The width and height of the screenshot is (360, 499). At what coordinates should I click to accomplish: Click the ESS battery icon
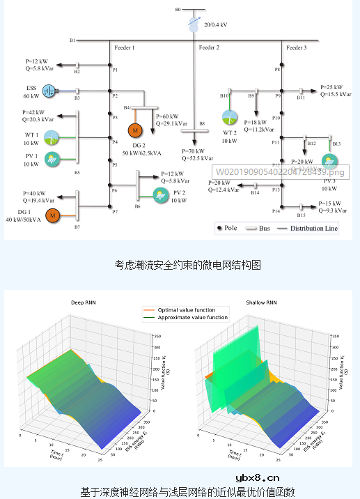click(49, 91)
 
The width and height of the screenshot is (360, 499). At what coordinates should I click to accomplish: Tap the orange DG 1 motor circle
click(52, 216)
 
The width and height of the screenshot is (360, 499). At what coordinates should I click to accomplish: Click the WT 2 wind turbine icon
click(230, 117)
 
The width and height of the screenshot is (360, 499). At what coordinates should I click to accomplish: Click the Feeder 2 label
click(209, 47)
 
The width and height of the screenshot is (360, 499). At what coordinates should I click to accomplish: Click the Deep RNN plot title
click(86, 303)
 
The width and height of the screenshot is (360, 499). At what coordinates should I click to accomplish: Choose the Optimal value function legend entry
click(186, 310)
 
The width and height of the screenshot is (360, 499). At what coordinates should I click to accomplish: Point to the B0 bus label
click(178, 10)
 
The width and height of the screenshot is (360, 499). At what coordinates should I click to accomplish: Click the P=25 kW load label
click(332, 87)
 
